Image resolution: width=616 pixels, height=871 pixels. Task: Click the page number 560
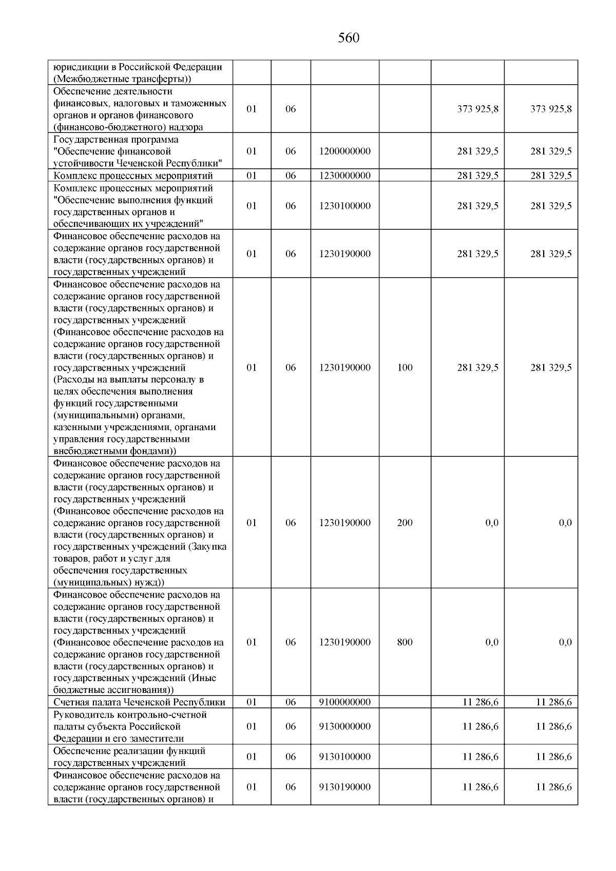tap(349, 38)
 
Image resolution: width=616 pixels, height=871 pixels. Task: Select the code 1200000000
tap(344, 151)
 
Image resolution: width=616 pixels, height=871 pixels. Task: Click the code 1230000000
tap(344, 176)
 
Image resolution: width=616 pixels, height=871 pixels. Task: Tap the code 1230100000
tap(344, 206)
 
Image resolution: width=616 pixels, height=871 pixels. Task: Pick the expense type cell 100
tap(405, 367)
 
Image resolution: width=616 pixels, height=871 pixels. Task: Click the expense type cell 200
tap(405, 522)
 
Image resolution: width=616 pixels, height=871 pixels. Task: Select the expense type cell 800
tap(405, 642)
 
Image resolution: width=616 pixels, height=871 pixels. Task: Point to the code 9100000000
tap(344, 702)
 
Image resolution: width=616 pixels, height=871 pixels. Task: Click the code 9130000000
tap(344, 726)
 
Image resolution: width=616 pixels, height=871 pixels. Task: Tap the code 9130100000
tap(344, 757)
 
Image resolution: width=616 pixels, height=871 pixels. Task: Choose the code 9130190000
tap(344, 787)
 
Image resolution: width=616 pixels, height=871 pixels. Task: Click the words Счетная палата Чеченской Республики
tap(139, 702)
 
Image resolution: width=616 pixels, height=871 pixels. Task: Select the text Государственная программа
tap(116, 140)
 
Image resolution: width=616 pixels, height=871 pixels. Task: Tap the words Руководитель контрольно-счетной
tap(130, 714)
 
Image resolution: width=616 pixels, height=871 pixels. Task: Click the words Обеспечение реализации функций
tap(129, 750)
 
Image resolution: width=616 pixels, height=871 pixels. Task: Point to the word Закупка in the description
tap(209, 547)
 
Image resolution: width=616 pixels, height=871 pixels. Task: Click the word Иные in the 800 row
tap(205, 678)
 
